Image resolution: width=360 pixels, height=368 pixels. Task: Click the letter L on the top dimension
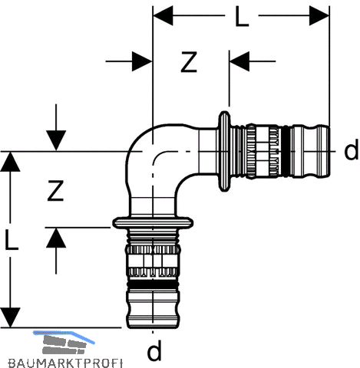pos(242,16)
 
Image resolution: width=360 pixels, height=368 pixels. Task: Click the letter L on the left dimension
pos(12,238)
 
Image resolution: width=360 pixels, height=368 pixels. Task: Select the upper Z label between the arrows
pos(189,62)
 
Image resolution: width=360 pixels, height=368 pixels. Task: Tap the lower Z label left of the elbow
pos(55,190)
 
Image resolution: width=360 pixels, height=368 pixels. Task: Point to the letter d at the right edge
pos(351,151)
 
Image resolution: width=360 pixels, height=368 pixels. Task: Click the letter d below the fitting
pos(154,350)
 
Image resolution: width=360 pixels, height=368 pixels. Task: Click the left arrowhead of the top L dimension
pos(163,15)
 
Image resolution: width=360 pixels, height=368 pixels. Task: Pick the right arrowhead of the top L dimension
pos(319,15)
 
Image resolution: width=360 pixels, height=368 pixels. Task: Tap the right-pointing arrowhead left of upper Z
pos(142,61)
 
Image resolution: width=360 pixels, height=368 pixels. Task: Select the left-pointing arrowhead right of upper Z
pos(239,61)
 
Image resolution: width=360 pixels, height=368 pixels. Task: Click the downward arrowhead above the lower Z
pos(56,141)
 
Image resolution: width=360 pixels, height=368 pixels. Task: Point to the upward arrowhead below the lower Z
pos(56,238)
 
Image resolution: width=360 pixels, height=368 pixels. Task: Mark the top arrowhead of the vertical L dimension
pos(10,162)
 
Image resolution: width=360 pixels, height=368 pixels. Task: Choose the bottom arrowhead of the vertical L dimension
pos(10,317)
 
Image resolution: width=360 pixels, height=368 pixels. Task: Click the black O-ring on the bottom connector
pos(153,285)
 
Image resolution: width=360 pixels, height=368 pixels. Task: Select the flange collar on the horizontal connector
pos(224,151)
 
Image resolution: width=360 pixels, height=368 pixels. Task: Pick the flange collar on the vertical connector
pos(153,222)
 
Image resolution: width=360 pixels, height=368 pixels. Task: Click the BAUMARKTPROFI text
pos(65,363)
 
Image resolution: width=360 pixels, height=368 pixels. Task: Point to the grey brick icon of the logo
pos(64,343)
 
